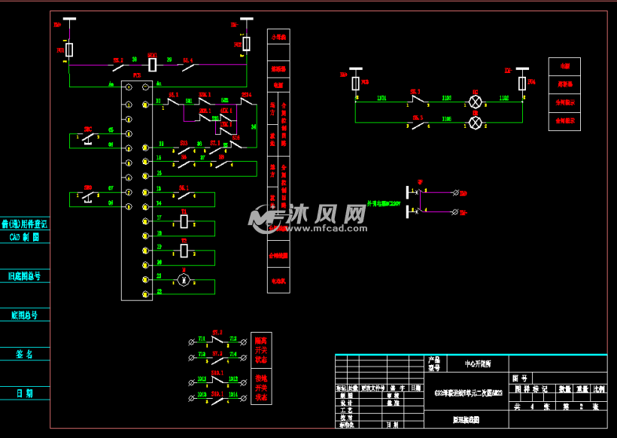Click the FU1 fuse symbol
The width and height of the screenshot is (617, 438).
tap(69, 50)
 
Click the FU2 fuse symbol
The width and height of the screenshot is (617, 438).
tap(246, 44)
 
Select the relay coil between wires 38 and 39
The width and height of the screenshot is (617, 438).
tap(152, 65)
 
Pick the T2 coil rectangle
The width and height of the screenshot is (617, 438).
tap(184, 251)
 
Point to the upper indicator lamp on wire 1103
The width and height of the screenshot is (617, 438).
tap(475, 102)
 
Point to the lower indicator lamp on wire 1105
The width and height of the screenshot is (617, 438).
tap(475, 122)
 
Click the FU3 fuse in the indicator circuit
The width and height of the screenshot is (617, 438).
tap(356, 83)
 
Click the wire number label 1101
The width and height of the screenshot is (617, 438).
tap(381, 98)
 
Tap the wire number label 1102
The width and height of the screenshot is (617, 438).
tap(503, 98)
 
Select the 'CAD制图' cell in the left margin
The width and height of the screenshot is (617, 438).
tap(25, 236)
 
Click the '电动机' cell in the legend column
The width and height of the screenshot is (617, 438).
tap(278, 281)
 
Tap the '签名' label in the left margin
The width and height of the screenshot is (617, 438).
tap(25, 354)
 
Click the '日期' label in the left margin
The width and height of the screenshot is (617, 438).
tap(25, 393)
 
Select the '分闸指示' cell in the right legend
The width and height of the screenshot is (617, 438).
tap(564, 102)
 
